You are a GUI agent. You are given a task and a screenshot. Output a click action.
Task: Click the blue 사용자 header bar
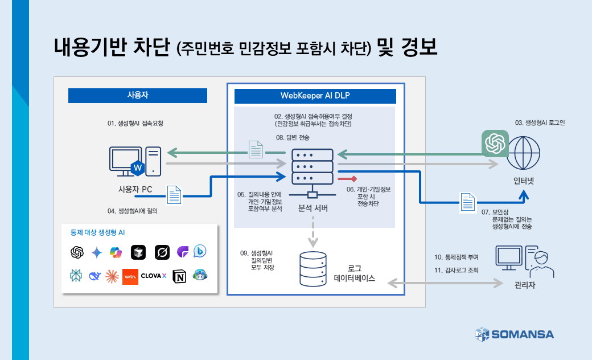(x=137, y=96)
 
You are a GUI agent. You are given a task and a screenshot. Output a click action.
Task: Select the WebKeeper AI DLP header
(x=315, y=96)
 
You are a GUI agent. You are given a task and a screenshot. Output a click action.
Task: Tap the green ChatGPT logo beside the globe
(x=495, y=143)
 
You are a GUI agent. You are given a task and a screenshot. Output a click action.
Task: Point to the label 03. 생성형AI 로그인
(x=540, y=122)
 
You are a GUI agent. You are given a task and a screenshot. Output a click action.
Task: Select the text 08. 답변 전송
(x=293, y=137)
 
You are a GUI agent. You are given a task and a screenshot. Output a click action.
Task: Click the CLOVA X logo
(x=153, y=276)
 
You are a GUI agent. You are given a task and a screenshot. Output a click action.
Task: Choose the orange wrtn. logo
(x=130, y=276)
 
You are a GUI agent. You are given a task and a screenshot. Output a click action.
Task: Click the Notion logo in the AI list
(x=179, y=276)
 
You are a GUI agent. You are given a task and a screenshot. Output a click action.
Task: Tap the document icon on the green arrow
(x=256, y=149)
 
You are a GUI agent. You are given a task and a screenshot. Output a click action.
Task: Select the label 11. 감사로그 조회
(x=456, y=271)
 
